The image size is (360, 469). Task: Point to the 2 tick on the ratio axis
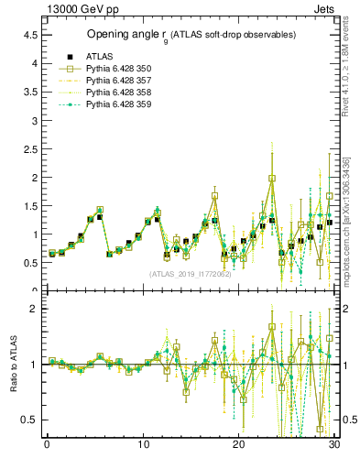tap(33, 309)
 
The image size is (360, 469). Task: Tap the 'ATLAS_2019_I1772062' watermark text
tap(189, 273)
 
